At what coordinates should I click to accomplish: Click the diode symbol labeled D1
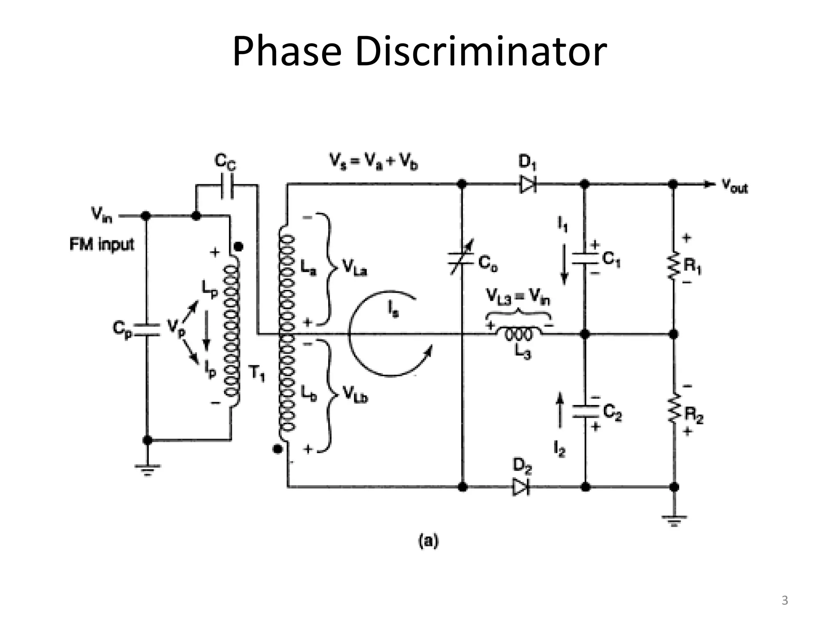[528, 184]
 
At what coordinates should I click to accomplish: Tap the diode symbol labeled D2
[520, 487]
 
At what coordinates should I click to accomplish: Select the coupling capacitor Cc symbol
[227, 186]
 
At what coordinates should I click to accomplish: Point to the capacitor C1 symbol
[585, 258]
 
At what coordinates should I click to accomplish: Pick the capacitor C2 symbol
[585, 411]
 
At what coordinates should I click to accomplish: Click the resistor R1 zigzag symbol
[673, 266]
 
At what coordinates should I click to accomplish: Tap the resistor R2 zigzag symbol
[673, 408]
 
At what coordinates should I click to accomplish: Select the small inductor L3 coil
[519, 334]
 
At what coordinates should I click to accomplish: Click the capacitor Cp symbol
[147, 329]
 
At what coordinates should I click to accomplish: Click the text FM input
[102, 244]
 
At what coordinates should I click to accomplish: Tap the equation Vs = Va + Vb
[374, 162]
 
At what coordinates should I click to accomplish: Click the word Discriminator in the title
[481, 52]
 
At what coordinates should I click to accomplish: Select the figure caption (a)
[428, 541]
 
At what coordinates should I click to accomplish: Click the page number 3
[785, 601]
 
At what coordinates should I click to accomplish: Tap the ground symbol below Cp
[147, 470]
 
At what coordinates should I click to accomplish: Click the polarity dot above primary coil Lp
[238, 247]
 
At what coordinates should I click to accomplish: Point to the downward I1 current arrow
[564, 264]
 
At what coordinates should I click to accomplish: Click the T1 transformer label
[257, 373]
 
